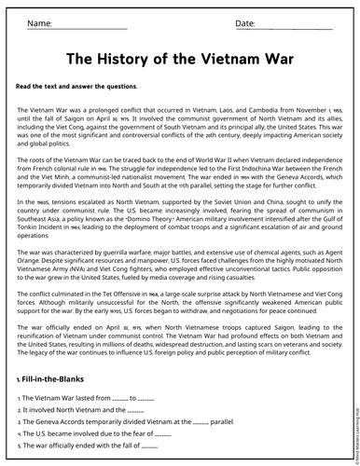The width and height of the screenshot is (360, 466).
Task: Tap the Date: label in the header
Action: coord(244,22)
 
